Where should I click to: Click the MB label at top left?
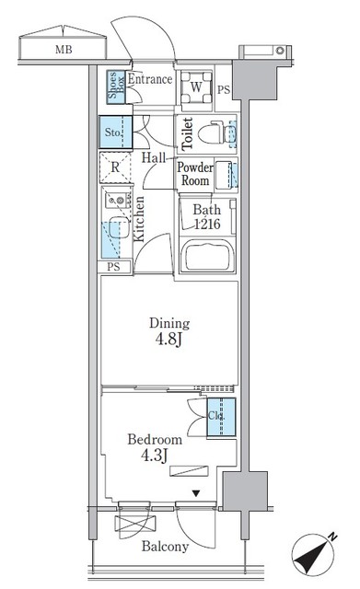(63, 50)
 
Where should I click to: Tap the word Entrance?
(150, 80)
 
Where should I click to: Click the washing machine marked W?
(196, 88)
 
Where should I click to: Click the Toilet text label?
(187, 134)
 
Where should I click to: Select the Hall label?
(154, 158)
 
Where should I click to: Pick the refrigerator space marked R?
(114, 168)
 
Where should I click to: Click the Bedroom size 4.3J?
(155, 448)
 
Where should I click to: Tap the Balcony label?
(166, 547)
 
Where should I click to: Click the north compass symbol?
(311, 558)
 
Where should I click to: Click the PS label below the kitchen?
(112, 268)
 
